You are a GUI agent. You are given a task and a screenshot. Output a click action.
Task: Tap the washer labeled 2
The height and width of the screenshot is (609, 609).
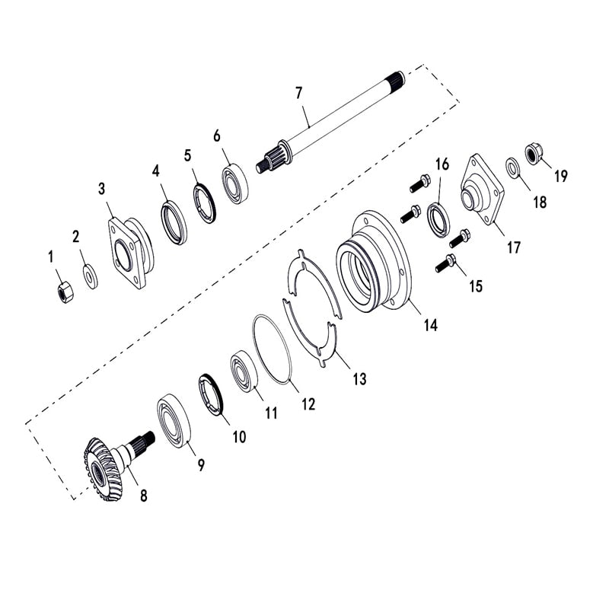(89, 274)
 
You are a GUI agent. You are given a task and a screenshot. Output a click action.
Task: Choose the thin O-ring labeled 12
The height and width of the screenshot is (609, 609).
(272, 352)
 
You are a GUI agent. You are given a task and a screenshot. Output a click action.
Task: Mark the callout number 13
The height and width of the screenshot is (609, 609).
(359, 378)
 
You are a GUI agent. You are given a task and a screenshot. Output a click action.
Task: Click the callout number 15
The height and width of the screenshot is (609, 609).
(476, 286)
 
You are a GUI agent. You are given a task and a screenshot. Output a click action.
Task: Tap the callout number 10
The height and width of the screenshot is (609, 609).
(239, 437)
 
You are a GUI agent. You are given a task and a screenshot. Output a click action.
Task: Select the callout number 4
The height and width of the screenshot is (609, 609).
(156, 171)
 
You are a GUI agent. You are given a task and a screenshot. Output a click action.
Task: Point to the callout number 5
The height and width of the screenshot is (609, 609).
(187, 155)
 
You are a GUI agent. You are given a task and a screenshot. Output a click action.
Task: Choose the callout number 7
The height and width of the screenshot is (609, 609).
(299, 93)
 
